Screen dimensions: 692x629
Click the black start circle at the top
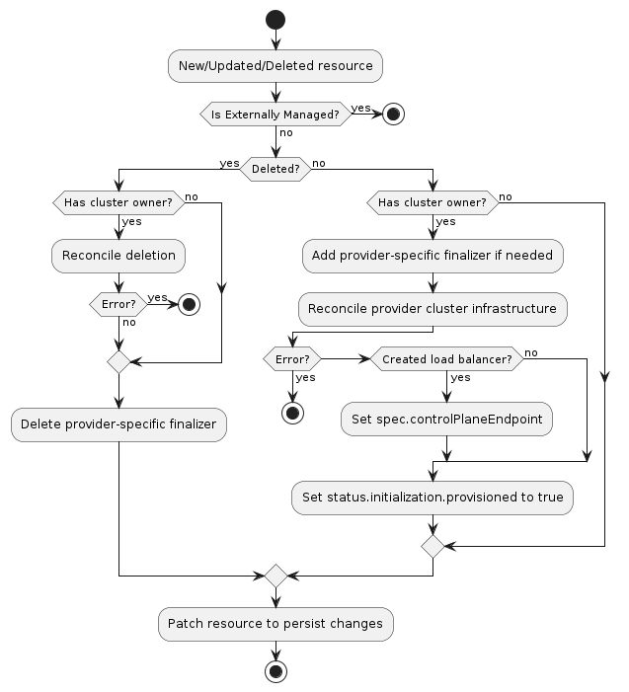[x=275, y=20]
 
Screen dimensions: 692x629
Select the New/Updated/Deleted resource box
[x=275, y=66]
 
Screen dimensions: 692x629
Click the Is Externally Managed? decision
[x=275, y=115]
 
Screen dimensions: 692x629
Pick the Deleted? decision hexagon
[x=275, y=169]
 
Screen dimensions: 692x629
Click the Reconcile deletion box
[x=118, y=256]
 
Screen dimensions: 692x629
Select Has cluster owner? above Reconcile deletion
[x=118, y=203]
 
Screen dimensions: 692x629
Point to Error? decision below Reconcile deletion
[x=118, y=305]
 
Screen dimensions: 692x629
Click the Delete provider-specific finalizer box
[x=118, y=425]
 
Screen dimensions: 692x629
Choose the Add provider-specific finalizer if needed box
[x=433, y=256]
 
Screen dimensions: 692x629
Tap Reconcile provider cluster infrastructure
[x=433, y=309]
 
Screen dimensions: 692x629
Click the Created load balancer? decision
[x=446, y=359]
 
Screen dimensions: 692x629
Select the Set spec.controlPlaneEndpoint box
[x=446, y=419]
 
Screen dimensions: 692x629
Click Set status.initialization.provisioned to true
[x=432, y=498]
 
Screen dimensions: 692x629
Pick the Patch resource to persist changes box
[x=275, y=624]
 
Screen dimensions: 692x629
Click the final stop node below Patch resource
[x=275, y=671]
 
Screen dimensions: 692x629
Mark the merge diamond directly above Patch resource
[x=275, y=575]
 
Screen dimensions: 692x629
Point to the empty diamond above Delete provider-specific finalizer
[x=118, y=361]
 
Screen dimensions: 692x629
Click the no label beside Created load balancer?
[x=531, y=353]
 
